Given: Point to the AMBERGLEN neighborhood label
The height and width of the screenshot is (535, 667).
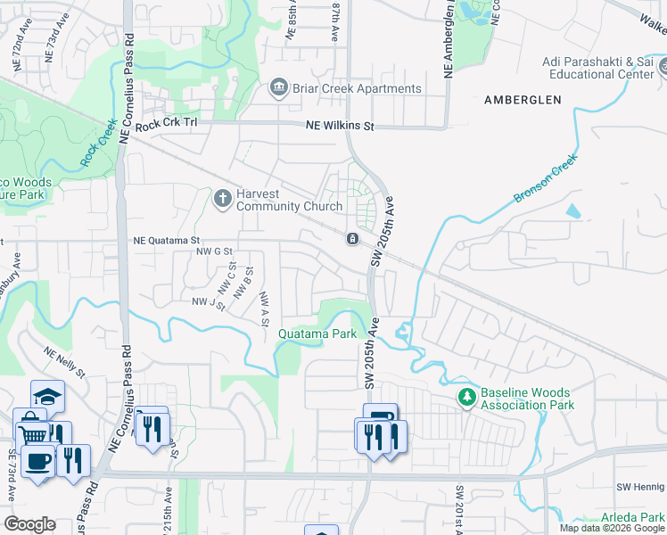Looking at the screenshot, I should click(x=523, y=100).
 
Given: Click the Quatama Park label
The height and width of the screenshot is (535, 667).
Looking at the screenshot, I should click(x=317, y=333).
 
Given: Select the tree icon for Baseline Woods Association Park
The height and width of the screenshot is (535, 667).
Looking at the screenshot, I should click(x=465, y=397).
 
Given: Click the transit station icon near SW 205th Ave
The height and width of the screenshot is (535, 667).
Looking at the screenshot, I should click(x=353, y=239).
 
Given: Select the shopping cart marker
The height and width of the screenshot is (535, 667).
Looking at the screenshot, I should click(x=33, y=435).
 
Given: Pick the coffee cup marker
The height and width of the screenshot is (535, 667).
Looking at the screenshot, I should click(x=37, y=461).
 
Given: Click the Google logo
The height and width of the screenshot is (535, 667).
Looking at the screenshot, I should click(x=29, y=524).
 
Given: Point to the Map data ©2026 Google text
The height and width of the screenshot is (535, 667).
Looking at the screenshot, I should click(x=611, y=528).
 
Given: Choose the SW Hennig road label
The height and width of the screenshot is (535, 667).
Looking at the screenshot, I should click(x=641, y=487).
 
